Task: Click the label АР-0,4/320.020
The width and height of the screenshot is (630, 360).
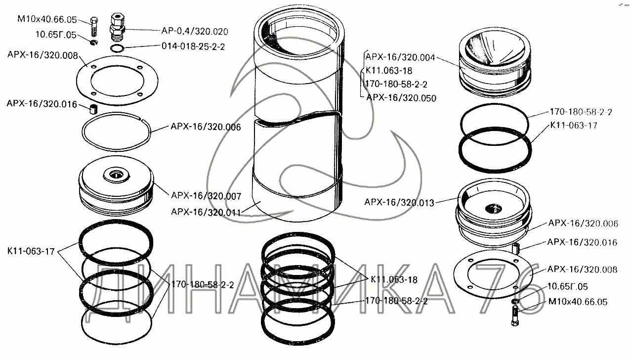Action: click(194, 31)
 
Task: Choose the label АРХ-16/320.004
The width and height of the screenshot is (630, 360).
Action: click(401, 57)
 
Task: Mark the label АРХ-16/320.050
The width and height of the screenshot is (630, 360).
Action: click(401, 98)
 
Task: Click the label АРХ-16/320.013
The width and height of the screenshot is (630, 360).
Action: click(399, 202)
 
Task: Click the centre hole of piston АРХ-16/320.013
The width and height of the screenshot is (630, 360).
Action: click(494, 208)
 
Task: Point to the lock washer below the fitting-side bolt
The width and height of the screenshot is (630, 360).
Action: click(94, 45)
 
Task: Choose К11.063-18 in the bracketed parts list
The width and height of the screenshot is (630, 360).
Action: click(389, 71)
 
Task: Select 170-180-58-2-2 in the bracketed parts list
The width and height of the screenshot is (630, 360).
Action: click(396, 84)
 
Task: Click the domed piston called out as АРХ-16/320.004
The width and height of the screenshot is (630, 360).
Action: click(496, 59)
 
